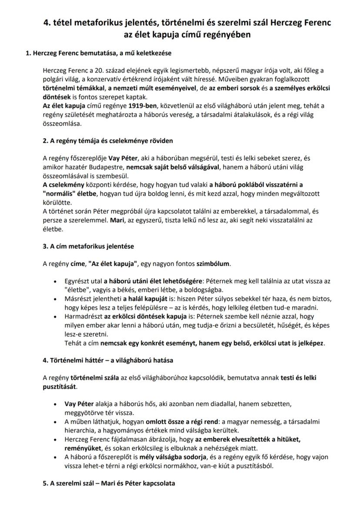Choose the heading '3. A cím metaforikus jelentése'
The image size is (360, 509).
coord(88,246)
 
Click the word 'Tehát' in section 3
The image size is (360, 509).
coord(73,343)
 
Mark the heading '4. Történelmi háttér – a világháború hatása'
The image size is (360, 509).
coord(108,360)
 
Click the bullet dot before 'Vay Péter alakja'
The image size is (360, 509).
coord(55,404)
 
